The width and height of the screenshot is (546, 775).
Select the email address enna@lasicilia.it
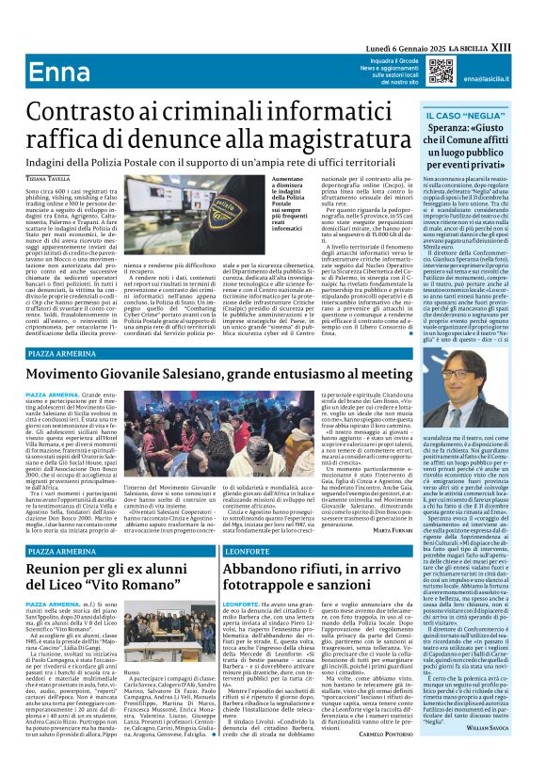490,80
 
